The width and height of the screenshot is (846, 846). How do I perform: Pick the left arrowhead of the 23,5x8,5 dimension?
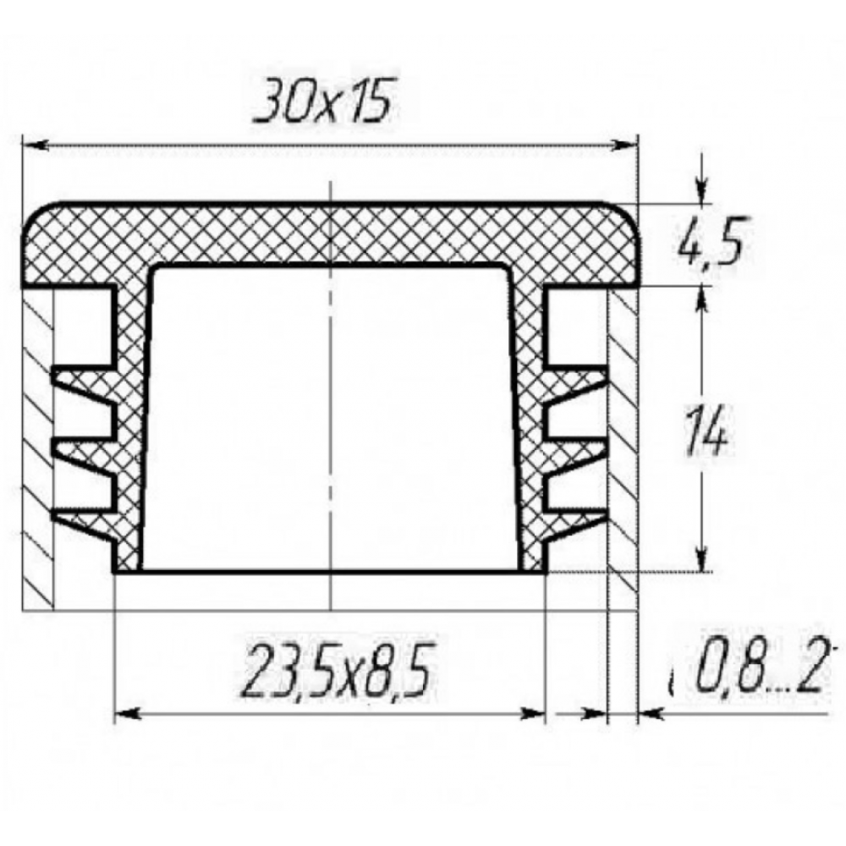129,714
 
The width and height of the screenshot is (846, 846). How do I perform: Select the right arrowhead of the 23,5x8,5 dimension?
532,715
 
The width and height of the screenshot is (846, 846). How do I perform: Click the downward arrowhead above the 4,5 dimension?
700,191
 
